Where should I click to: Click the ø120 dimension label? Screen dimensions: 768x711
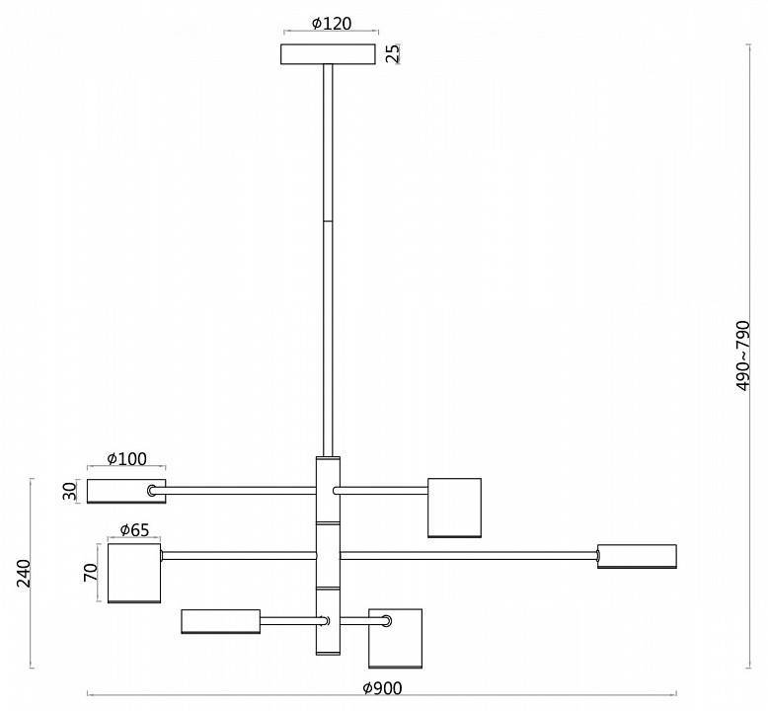point(332,23)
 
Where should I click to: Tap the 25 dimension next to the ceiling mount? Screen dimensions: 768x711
point(392,53)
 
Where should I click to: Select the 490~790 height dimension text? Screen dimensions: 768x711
point(742,355)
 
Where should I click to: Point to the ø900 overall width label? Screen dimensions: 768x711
point(382,688)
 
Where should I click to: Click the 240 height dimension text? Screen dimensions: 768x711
point(24,573)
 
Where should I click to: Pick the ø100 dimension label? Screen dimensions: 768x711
point(126,458)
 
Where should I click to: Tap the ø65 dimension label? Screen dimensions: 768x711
point(134,529)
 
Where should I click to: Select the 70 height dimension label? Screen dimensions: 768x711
point(91,573)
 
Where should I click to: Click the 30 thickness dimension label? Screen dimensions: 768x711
point(69,491)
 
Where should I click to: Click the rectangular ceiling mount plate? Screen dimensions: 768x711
point(328,54)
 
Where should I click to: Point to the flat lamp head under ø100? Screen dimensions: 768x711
point(126,491)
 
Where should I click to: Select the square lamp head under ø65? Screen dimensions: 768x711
point(134,573)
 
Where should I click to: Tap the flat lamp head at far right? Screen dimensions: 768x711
point(637,556)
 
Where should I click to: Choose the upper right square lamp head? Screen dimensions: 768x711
point(454,508)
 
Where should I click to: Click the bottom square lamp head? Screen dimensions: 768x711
point(395,639)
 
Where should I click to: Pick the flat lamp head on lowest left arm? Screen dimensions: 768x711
point(220,621)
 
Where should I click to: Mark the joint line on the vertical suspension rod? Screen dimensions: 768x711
point(328,221)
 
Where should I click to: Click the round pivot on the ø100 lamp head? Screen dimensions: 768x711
point(152,491)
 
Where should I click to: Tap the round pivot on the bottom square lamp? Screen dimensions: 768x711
point(387,621)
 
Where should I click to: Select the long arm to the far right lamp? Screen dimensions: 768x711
point(469,556)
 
